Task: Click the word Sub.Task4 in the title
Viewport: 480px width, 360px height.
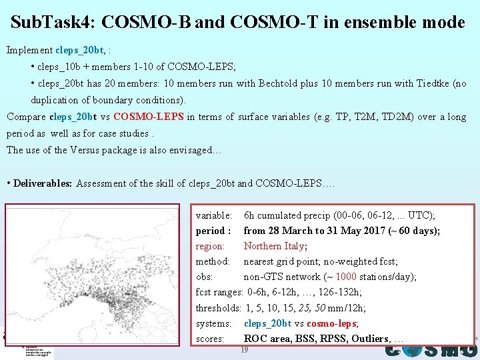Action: click(52, 23)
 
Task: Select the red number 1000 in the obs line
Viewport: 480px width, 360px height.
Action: click(346, 277)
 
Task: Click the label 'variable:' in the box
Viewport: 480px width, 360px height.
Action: click(214, 215)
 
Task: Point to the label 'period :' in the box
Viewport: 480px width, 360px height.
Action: click(213, 231)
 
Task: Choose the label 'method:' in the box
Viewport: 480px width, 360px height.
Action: click(213, 261)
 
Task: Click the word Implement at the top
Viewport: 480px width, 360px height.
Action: click(29, 50)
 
